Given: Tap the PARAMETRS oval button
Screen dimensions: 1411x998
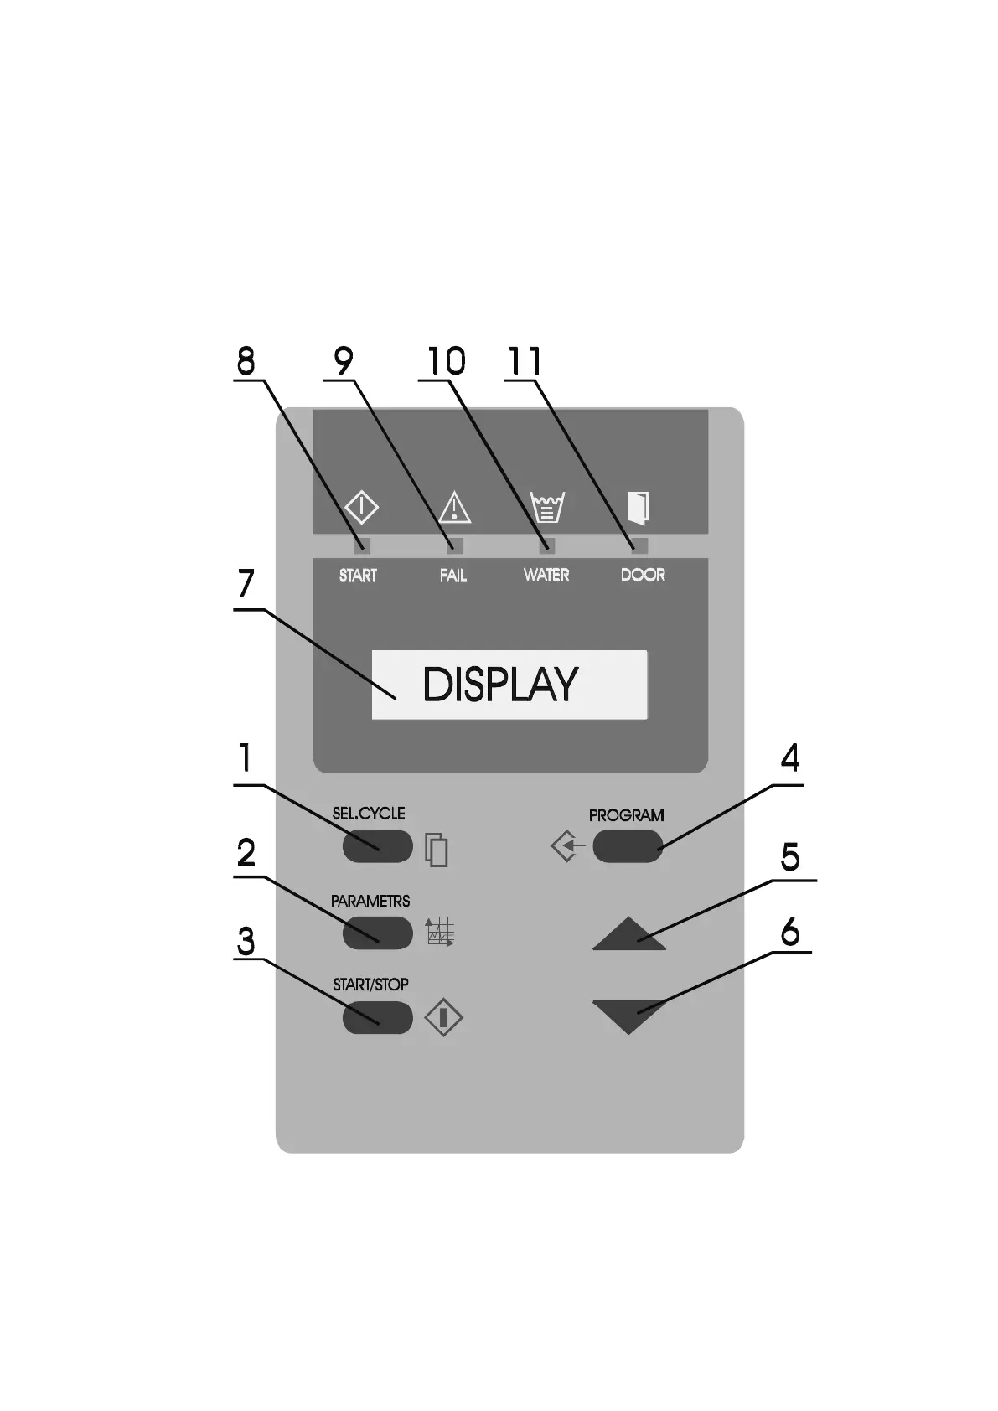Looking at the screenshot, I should pos(377,933).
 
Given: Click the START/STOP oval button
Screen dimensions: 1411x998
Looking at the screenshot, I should pos(377,1017).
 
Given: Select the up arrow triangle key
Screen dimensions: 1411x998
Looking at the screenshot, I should pos(628,935).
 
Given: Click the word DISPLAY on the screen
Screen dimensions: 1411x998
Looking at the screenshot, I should pos(500,685).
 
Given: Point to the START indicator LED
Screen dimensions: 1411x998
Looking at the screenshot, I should pos(362,546).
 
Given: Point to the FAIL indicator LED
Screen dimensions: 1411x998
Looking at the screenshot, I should pos(455,546).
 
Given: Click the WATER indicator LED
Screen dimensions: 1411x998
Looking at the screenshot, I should pos(547,546).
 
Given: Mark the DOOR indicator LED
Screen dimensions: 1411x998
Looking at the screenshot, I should pos(639,546).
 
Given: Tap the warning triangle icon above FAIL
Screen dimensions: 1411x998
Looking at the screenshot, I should pos(455,508).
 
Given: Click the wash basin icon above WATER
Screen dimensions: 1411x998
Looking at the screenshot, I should pos(547,507).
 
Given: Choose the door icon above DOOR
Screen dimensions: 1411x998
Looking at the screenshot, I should pos(639,507).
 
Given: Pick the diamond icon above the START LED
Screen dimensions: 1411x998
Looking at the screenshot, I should pos(362,507).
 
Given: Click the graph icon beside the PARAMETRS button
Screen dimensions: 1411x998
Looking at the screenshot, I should pos(440,933).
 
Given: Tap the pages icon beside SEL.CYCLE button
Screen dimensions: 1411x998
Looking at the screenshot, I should pos(437,849).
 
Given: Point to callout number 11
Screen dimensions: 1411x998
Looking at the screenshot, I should pos(525,361).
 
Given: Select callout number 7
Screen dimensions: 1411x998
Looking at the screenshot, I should pos(245,584).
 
